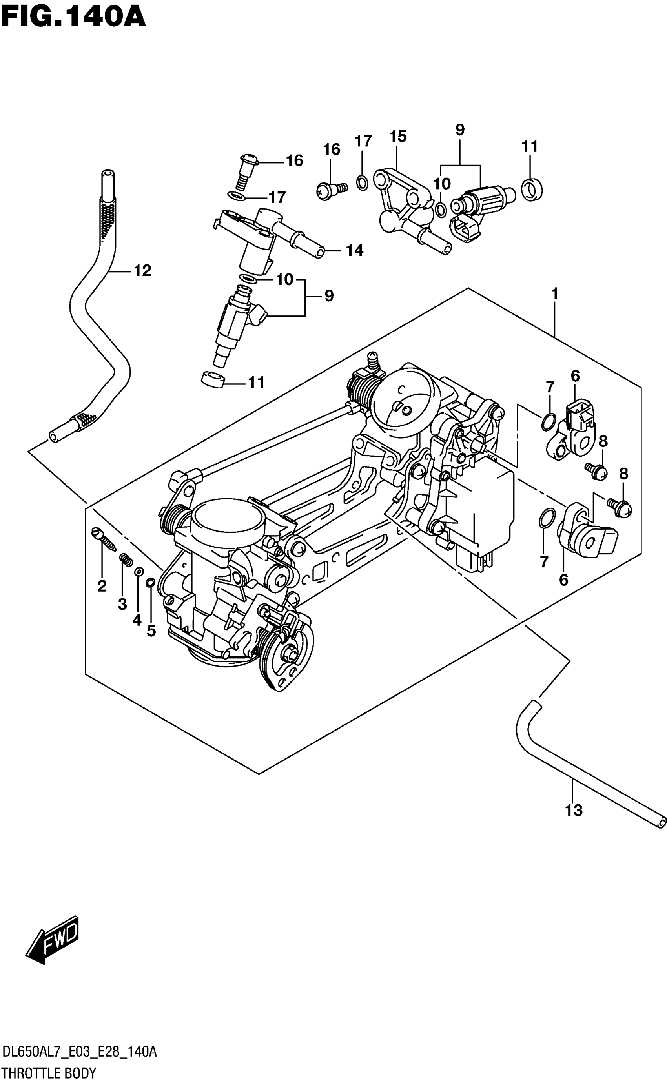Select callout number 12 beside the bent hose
pos(142,270)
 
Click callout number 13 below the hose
pos(574,810)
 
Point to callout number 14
pos(354,251)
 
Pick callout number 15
pos(397,137)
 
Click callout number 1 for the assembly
pos(555,294)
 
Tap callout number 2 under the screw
pos(102,586)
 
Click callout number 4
pos(137,620)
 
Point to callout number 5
pos(151,631)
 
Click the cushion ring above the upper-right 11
pos(532,190)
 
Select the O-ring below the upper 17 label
pos(362,182)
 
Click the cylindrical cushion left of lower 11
pos(212,379)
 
